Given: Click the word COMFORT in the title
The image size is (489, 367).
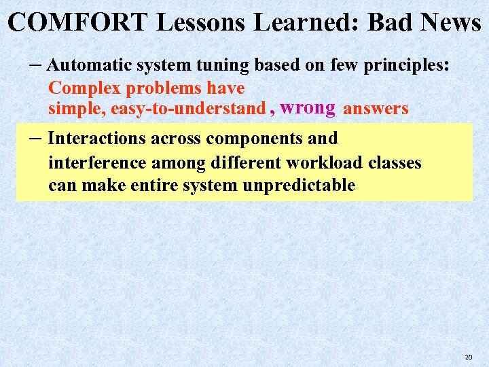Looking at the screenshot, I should coord(78,22).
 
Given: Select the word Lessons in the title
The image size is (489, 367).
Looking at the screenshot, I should coord(203,22).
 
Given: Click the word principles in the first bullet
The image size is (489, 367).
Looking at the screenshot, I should coord(403,66).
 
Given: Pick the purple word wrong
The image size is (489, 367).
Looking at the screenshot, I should coord(307,107).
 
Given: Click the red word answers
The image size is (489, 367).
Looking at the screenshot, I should coord(376,109).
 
